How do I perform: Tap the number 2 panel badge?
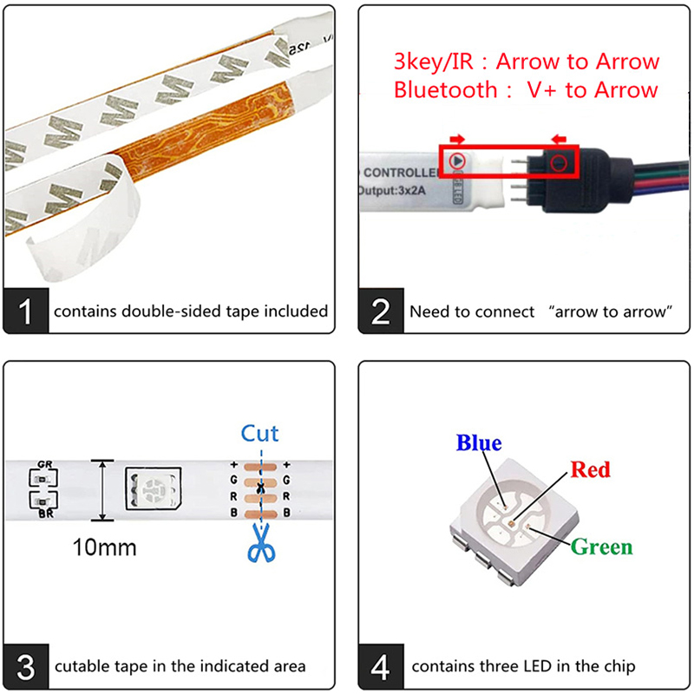point(382,311)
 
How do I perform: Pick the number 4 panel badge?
point(382,666)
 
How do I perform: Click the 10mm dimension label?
point(104,548)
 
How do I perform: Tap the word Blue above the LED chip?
point(479,443)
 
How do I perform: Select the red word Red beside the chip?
point(590,470)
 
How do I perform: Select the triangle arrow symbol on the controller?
point(457,160)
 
